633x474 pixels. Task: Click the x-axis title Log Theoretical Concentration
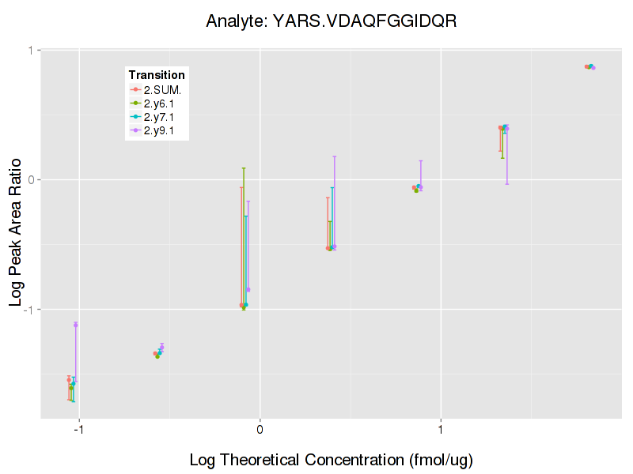[x=331, y=460]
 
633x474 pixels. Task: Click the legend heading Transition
[x=157, y=75]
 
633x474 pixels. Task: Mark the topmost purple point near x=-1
[x=76, y=325]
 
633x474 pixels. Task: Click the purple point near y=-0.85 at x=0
[x=248, y=290]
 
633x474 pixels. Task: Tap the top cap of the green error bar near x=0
[x=244, y=168]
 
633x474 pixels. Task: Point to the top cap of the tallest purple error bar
[x=335, y=156]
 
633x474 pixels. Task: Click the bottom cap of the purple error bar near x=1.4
[x=506, y=184]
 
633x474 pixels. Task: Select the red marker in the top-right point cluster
[x=586, y=66]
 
